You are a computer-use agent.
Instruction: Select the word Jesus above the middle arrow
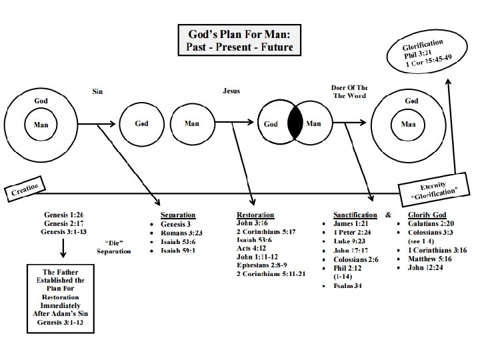tap(231, 91)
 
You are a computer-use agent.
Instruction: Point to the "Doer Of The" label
tap(349, 87)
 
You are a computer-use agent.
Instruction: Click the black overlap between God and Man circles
tap(294, 123)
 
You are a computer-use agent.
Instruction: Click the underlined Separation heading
tap(178, 215)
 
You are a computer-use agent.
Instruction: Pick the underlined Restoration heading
tap(255, 215)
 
